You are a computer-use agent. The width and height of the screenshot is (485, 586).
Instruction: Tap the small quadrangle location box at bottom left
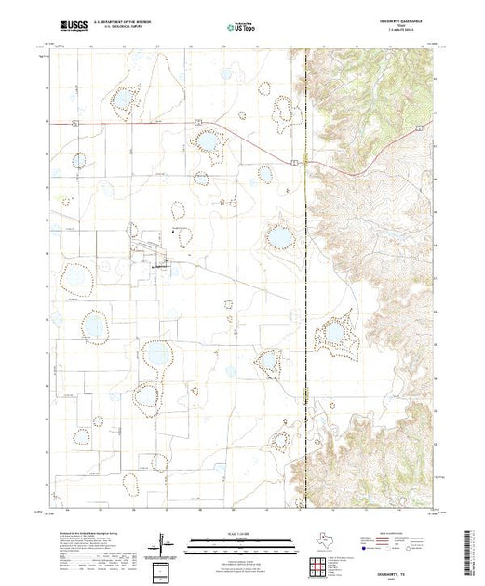[164, 569]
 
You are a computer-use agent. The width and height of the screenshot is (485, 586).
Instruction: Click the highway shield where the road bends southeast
[198, 122]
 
